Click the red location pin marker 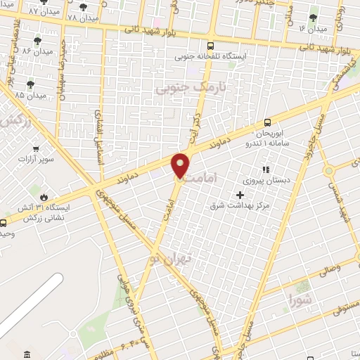181,165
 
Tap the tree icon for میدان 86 37,41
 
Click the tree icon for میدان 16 314,18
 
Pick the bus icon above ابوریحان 267,122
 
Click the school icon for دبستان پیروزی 265,169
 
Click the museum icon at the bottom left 27,354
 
